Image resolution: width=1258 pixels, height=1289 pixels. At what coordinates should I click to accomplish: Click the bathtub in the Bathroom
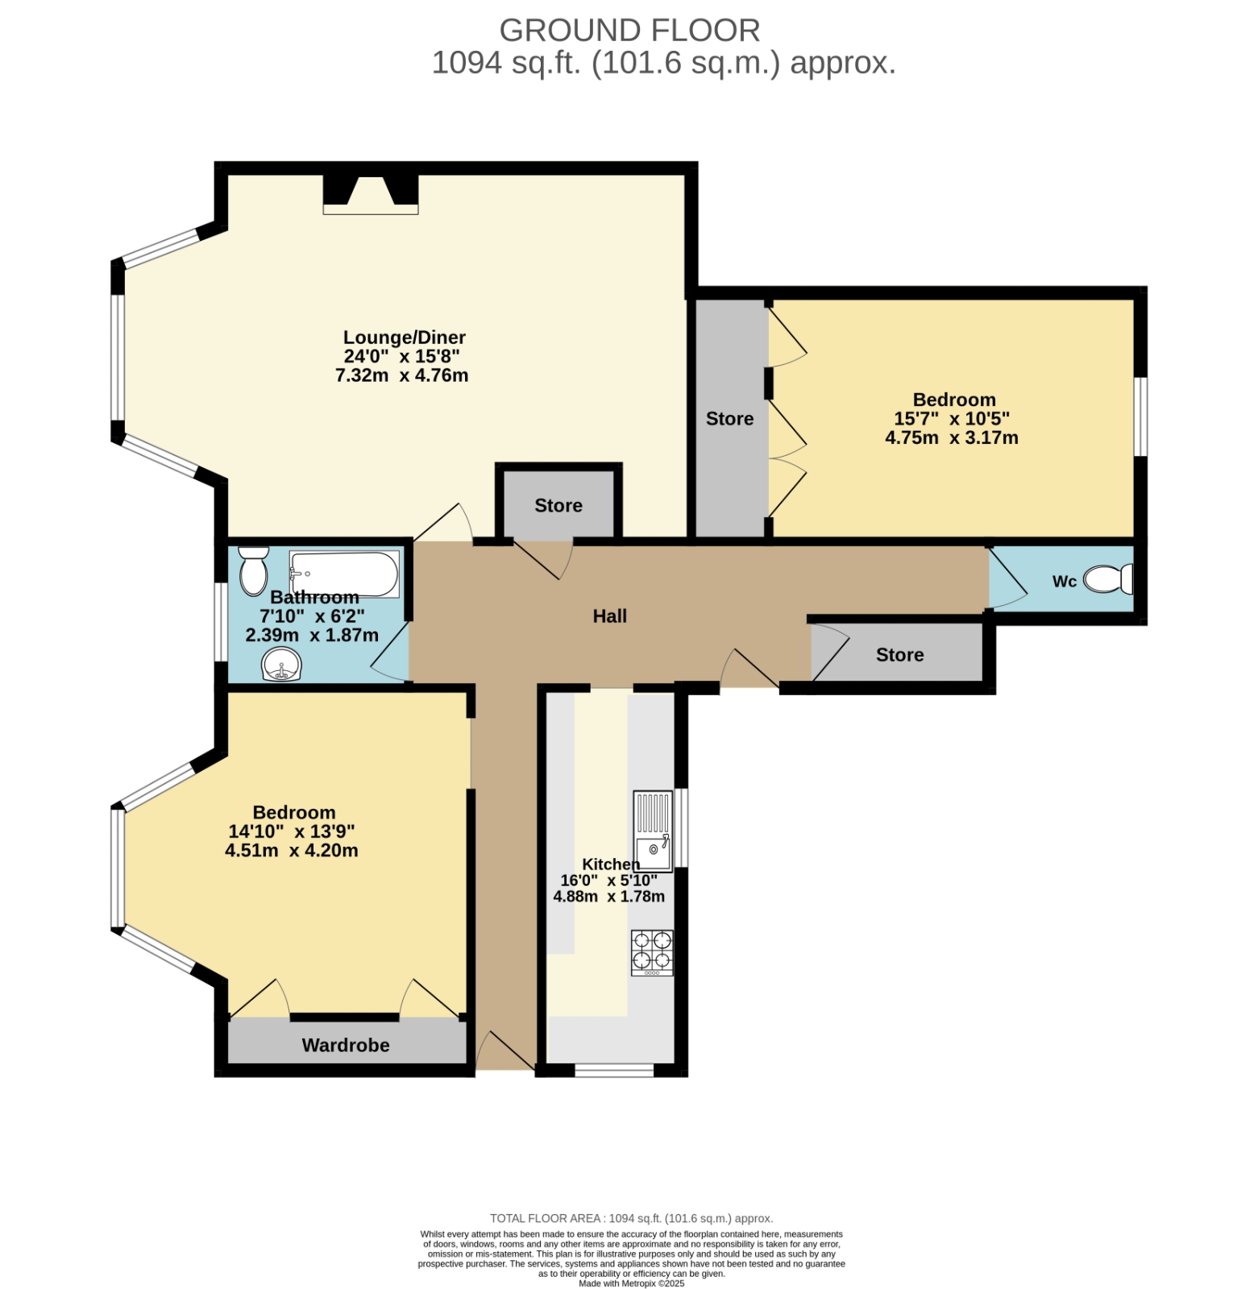(344, 574)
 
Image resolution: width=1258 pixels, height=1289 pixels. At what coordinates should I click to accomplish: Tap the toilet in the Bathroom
(254, 570)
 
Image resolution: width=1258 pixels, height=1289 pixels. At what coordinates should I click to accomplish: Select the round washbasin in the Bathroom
(281, 665)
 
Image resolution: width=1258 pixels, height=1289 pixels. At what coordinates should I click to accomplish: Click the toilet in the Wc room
(1109, 578)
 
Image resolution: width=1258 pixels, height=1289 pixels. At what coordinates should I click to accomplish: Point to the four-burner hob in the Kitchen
(652, 953)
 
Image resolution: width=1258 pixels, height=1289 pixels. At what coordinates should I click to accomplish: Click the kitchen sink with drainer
(653, 831)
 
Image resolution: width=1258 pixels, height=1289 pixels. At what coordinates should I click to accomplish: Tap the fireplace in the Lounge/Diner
(371, 194)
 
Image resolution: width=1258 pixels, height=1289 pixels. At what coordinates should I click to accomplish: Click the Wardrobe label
(346, 1045)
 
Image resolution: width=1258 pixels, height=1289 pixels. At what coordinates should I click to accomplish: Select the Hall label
(610, 616)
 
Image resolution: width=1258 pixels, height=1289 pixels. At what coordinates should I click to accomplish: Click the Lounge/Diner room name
(405, 338)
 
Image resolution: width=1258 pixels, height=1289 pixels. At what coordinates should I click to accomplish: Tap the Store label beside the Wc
(900, 655)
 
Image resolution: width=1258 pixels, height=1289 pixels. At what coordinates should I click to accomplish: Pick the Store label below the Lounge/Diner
(558, 505)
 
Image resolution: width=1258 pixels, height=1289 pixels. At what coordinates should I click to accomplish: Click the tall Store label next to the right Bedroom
(730, 419)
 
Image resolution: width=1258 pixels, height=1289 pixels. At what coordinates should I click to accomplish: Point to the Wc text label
(1065, 582)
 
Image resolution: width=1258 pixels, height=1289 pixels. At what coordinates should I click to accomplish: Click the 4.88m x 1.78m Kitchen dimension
(609, 897)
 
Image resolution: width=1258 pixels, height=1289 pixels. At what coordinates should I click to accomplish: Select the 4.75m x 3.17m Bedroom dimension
(952, 438)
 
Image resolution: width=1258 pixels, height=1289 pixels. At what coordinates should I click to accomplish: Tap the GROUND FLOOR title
(629, 31)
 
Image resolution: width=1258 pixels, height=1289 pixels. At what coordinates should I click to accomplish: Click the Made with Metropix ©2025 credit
(632, 1283)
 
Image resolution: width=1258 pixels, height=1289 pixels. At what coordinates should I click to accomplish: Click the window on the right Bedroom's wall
(1141, 417)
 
